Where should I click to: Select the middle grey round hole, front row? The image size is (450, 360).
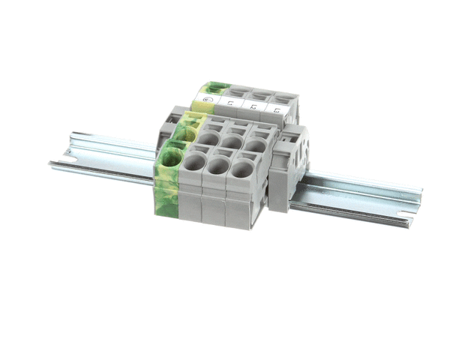(218, 166)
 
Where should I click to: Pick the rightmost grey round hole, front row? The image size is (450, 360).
(241, 170)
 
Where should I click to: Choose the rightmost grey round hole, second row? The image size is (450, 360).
(254, 143)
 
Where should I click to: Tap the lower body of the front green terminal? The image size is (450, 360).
(166, 199)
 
